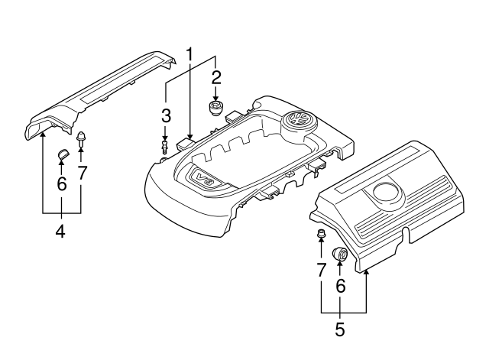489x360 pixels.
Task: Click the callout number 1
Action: click(x=189, y=55)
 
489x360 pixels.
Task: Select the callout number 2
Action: click(x=216, y=76)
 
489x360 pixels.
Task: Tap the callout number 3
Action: click(x=164, y=115)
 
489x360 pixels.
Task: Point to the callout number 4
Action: click(x=60, y=230)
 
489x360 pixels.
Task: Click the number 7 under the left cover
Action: click(x=82, y=174)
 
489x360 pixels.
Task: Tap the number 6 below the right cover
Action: click(x=341, y=287)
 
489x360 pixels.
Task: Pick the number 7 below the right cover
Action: click(x=322, y=269)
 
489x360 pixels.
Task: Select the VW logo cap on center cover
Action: click(x=299, y=120)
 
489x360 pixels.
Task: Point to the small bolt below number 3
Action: click(x=164, y=145)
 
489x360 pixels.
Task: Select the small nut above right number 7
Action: click(x=322, y=234)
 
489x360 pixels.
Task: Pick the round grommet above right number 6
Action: click(x=342, y=253)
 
